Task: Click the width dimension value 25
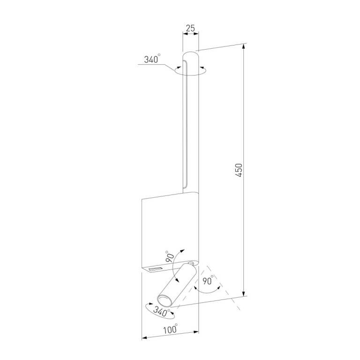pyautogui.click(x=190, y=29)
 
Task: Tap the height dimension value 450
pyautogui.click(x=239, y=170)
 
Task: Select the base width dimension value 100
pyautogui.click(x=170, y=330)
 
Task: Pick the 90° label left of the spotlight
pyautogui.click(x=170, y=257)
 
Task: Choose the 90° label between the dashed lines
pyautogui.click(x=208, y=280)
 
